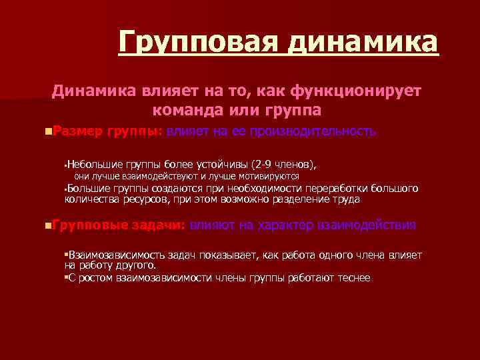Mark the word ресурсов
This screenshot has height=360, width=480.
point(147,199)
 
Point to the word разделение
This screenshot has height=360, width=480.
point(298,199)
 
